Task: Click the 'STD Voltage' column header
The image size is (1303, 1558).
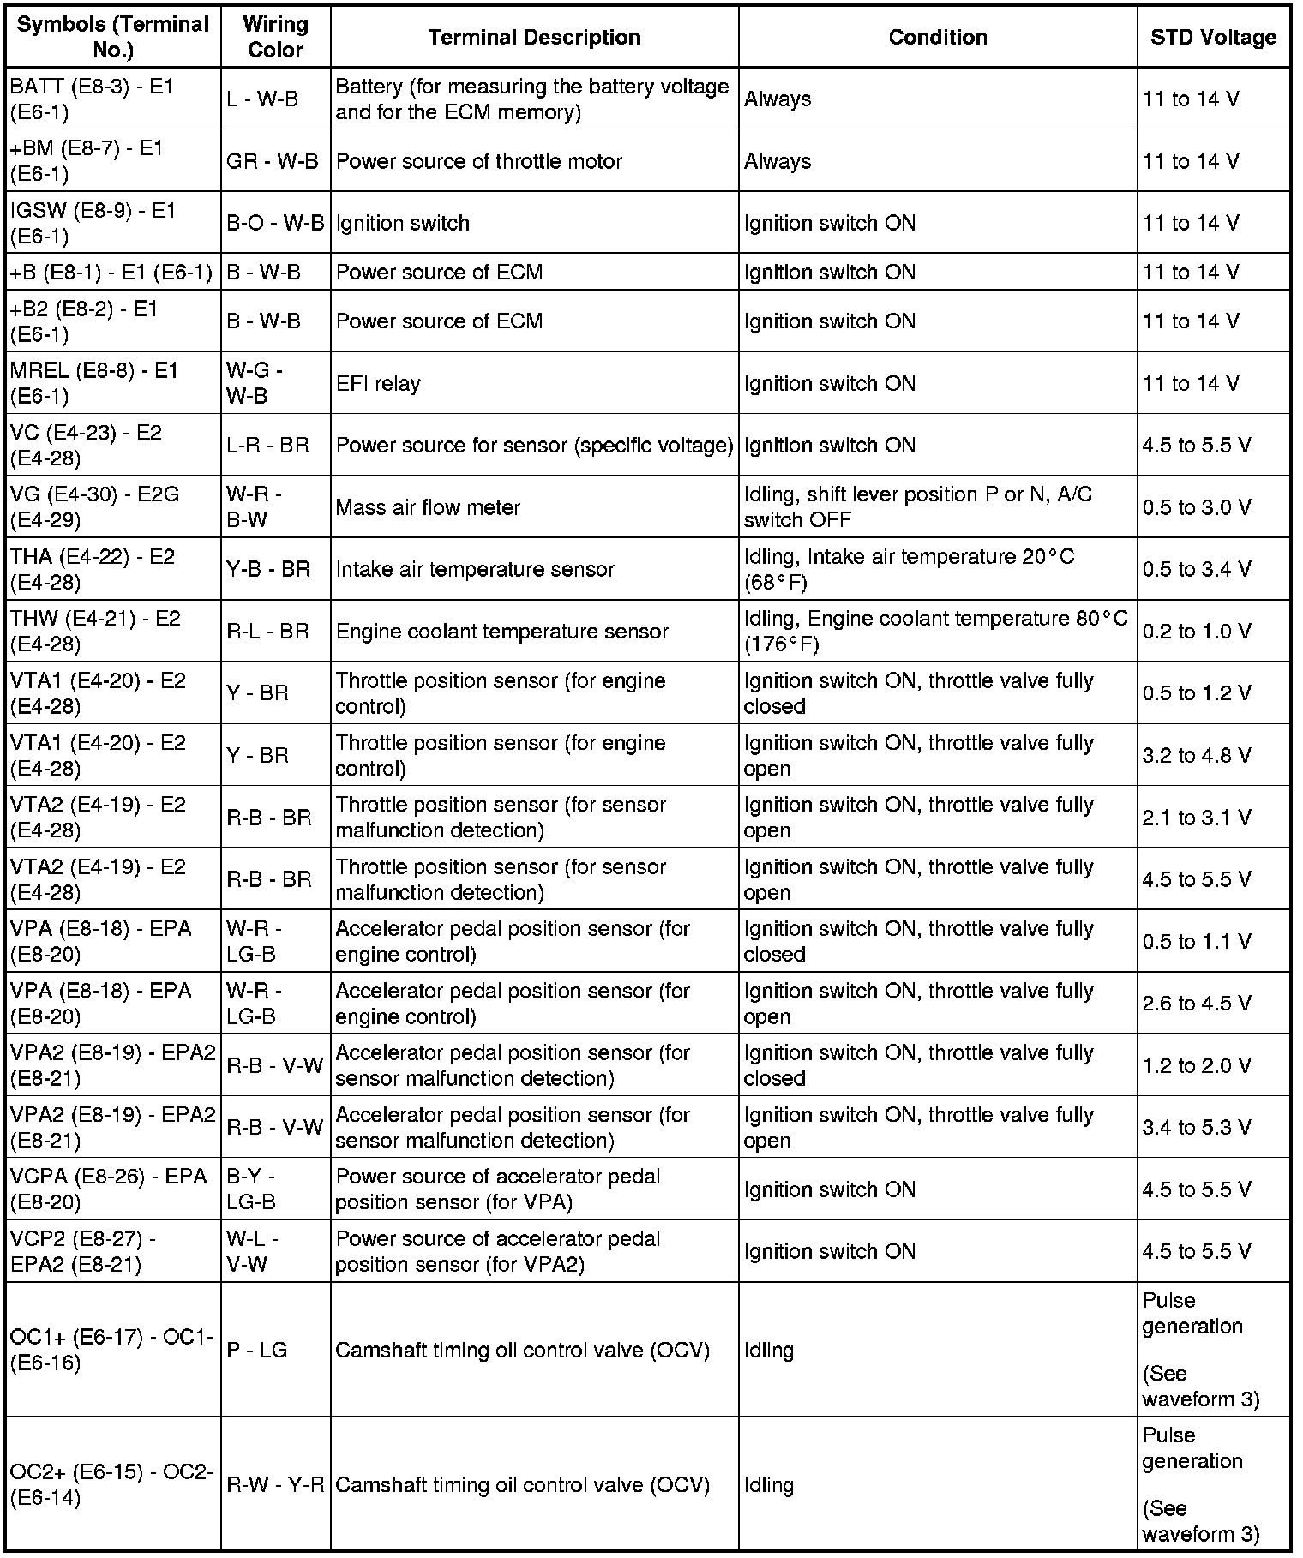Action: (1213, 38)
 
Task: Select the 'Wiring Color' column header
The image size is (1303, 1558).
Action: (275, 38)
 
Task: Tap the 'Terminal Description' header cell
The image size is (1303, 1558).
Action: (534, 38)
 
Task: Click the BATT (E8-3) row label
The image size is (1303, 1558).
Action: (92, 99)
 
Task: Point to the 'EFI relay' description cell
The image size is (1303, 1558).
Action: (378, 383)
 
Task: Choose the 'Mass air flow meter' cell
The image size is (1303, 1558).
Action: (428, 507)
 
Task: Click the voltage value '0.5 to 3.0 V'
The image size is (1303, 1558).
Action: (1196, 507)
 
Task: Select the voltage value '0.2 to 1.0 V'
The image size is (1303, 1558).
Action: (1196, 632)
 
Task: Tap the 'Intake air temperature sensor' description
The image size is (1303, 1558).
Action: (475, 569)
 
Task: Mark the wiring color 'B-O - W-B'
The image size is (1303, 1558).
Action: (275, 223)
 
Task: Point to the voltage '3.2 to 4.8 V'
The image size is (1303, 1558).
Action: (1196, 755)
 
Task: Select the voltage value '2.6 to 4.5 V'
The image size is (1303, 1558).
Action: (1196, 1003)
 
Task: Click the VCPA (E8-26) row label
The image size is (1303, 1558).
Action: (109, 1189)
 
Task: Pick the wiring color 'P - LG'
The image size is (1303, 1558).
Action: (256, 1350)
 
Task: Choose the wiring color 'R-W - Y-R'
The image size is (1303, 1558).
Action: (275, 1485)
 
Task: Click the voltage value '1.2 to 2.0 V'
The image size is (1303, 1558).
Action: (1196, 1065)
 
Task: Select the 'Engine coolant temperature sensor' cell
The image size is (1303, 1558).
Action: (501, 632)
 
